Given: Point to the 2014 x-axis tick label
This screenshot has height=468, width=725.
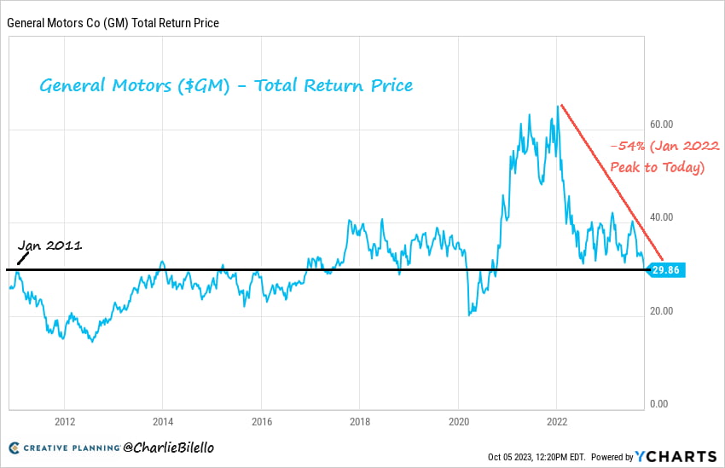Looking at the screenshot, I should (163, 420).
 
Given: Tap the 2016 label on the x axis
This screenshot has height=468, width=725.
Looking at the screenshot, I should (262, 420).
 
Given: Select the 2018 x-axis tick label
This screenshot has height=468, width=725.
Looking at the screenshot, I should (360, 420).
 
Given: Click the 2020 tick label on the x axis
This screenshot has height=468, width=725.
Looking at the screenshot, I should (458, 420).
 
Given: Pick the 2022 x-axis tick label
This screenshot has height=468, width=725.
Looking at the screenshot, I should (556, 420).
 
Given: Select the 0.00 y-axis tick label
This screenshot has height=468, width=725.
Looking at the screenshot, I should (658, 403).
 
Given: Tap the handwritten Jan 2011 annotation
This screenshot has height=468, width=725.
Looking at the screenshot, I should (51, 246).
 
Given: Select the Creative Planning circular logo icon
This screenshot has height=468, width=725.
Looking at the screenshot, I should (14, 448).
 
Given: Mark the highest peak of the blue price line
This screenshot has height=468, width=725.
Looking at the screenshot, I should (560, 106).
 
